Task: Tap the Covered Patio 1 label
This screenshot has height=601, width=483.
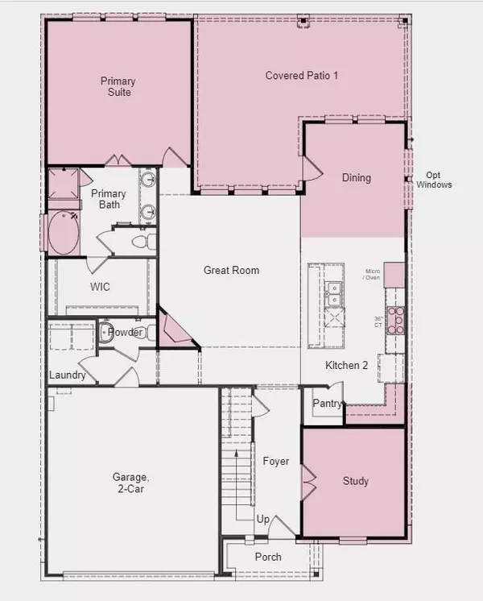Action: point(301,75)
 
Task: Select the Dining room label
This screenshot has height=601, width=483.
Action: point(357,177)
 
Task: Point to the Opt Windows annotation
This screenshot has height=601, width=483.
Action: point(434,180)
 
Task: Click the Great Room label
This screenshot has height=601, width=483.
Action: point(231,271)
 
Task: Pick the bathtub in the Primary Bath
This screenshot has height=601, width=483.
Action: point(64,233)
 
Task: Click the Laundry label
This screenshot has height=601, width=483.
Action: point(68,375)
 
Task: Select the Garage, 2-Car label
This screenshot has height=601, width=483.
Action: point(130,482)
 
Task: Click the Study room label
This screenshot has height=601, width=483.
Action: point(355,481)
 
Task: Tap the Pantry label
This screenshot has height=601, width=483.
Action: point(328,404)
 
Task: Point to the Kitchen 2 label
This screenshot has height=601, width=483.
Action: point(346,366)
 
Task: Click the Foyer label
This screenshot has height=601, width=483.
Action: point(275,462)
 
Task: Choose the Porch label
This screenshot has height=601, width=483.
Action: point(268,557)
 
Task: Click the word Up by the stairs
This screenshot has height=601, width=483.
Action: point(262,520)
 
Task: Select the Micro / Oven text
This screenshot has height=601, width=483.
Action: point(372,275)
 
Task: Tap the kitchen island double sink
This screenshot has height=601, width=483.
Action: point(333,293)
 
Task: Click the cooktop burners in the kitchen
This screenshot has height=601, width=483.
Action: point(394,320)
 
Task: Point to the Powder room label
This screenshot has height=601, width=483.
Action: point(126,333)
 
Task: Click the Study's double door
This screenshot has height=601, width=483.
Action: point(307,482)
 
